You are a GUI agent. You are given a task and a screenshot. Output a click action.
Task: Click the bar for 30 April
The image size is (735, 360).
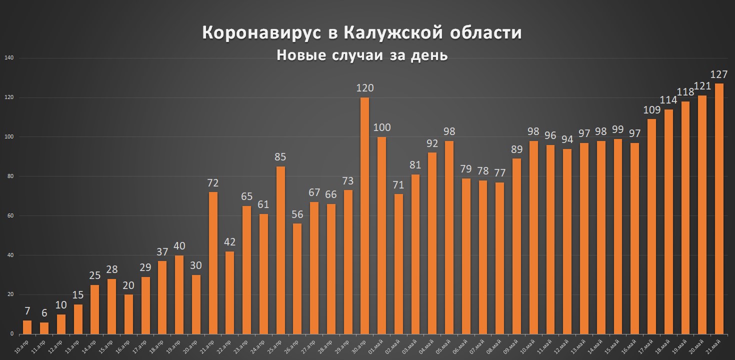pos(364,215)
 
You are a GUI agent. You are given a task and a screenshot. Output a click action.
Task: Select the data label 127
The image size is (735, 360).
pos(718,74)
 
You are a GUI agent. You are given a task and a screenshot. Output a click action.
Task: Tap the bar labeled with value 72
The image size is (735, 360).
pos(213,263)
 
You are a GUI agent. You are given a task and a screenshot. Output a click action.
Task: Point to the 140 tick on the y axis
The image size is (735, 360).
pos(8,58)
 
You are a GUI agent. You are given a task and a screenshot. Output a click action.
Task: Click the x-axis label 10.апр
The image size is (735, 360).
pos(21,345)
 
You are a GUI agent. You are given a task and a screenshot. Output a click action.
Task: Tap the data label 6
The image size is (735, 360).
pos(44,313)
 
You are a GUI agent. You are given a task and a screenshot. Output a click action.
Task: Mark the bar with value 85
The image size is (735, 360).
pos(280,250)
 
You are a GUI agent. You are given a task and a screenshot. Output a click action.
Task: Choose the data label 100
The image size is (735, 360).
pos(381,127)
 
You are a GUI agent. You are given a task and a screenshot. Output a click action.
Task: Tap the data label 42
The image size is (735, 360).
pos(229,242)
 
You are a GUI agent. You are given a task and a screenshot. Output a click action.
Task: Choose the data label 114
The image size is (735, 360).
pos(668,100)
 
